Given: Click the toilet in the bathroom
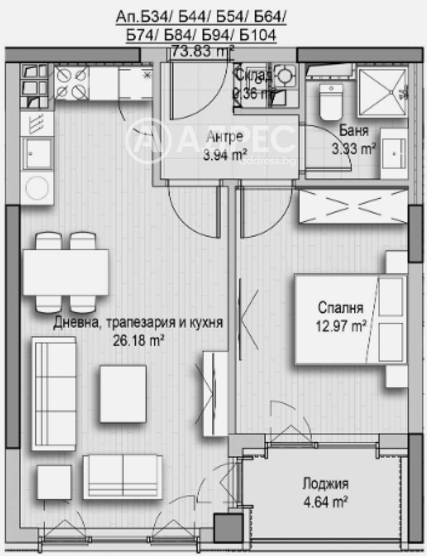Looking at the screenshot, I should [331, 102].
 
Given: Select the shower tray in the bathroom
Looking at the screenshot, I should [381, 91].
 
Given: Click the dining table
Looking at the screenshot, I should [66, 272].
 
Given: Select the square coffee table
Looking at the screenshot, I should [123, 393].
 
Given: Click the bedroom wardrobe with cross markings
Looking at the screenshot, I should [353, 206].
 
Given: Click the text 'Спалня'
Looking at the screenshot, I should [340, 308].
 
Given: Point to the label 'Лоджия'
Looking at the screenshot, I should [325, 484].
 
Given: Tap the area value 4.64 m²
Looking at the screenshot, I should [325, 501].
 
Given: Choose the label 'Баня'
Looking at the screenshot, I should [354, 131].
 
